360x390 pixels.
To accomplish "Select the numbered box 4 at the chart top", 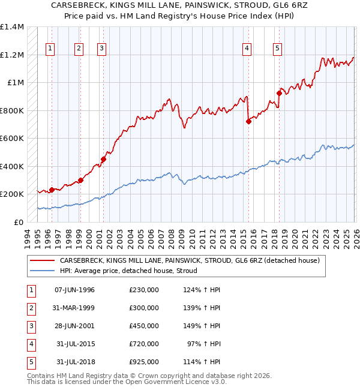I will pos(247,49).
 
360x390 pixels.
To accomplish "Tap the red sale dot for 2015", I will pos(248,121).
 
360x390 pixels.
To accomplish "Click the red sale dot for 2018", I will pos(279,92).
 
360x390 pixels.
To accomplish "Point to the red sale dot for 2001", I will pos(103,159).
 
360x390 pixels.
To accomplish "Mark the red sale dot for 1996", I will pos(52,190).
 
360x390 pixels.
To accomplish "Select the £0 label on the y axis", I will pos(18,222).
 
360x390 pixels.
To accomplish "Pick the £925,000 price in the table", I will pos(144,362).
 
